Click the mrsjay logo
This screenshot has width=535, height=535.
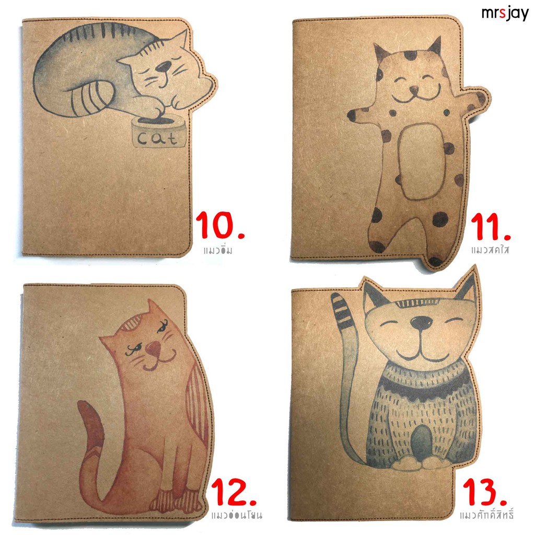coord(505,14)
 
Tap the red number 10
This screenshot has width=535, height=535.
coord(220,225)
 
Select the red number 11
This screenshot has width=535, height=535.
coord(490,227)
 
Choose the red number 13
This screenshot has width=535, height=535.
coord(484,492)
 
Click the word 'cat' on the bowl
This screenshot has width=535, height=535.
coord(158,138)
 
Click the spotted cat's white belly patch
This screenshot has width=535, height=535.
coord(422,161)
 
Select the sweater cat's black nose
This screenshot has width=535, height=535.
coord(421,322)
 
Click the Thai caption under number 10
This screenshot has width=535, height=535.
coord(218,251)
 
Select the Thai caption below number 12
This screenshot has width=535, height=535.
coord(237,515)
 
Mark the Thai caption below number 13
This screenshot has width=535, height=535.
coord(486,514)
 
